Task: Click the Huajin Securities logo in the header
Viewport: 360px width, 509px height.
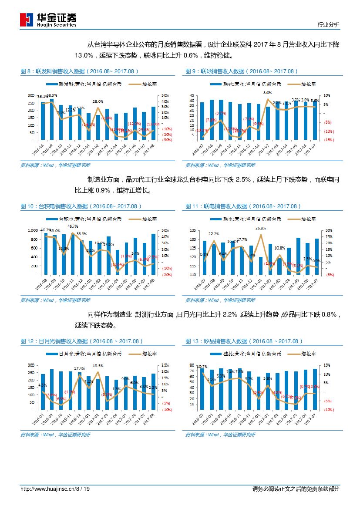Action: pos(48,19)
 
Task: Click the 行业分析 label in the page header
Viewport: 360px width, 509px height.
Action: pos(328,25)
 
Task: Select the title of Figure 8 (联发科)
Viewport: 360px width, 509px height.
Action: pos(81,71)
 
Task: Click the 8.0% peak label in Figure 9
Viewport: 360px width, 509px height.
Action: pos(267,93)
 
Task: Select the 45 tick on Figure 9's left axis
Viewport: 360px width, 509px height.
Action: pos(191,95)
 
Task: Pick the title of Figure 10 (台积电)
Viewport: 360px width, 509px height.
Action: pos(81,206)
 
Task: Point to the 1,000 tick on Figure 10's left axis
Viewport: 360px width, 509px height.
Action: pos(33,230)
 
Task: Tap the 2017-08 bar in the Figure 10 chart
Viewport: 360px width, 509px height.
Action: pos(153,254)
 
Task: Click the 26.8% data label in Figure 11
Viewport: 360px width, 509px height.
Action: pos(260,228)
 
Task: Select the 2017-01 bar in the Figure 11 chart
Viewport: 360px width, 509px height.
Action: pos(261,266)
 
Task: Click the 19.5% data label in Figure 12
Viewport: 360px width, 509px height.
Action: pos(98,366)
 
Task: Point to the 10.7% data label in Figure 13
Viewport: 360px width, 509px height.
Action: pos(202,367)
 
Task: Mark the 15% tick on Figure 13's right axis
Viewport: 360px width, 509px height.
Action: pos(327,365)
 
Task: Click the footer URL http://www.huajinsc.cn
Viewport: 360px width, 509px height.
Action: pos(48,489)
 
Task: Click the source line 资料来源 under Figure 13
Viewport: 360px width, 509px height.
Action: pos(220,435)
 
